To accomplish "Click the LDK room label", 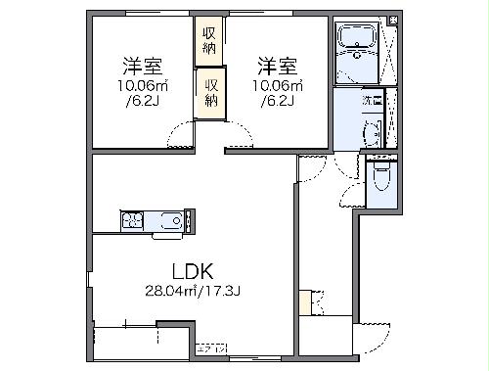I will [192, 271].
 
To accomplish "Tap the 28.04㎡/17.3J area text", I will [192, 291].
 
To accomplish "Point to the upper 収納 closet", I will [208, 40].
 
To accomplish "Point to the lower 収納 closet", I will [210, 92].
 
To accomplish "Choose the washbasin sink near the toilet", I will [372, 132].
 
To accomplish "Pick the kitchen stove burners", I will [132, 221].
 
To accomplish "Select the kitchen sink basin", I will [167, 221].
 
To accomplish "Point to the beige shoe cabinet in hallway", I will [305, 302].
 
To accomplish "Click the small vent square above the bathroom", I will [392, 20].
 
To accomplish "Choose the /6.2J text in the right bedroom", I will [273, 100].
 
